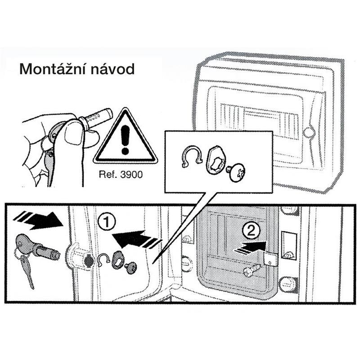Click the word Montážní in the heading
coord(53,69)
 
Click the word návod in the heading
coord(113,69)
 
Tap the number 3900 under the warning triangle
coord(131,175)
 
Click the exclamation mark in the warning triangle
coord(125,140)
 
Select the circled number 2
coord(251,231)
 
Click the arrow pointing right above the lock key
coord(38,220)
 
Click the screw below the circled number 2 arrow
coord(252,270)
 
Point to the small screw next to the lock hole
coord(131,268)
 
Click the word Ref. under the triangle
coord(108,175)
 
